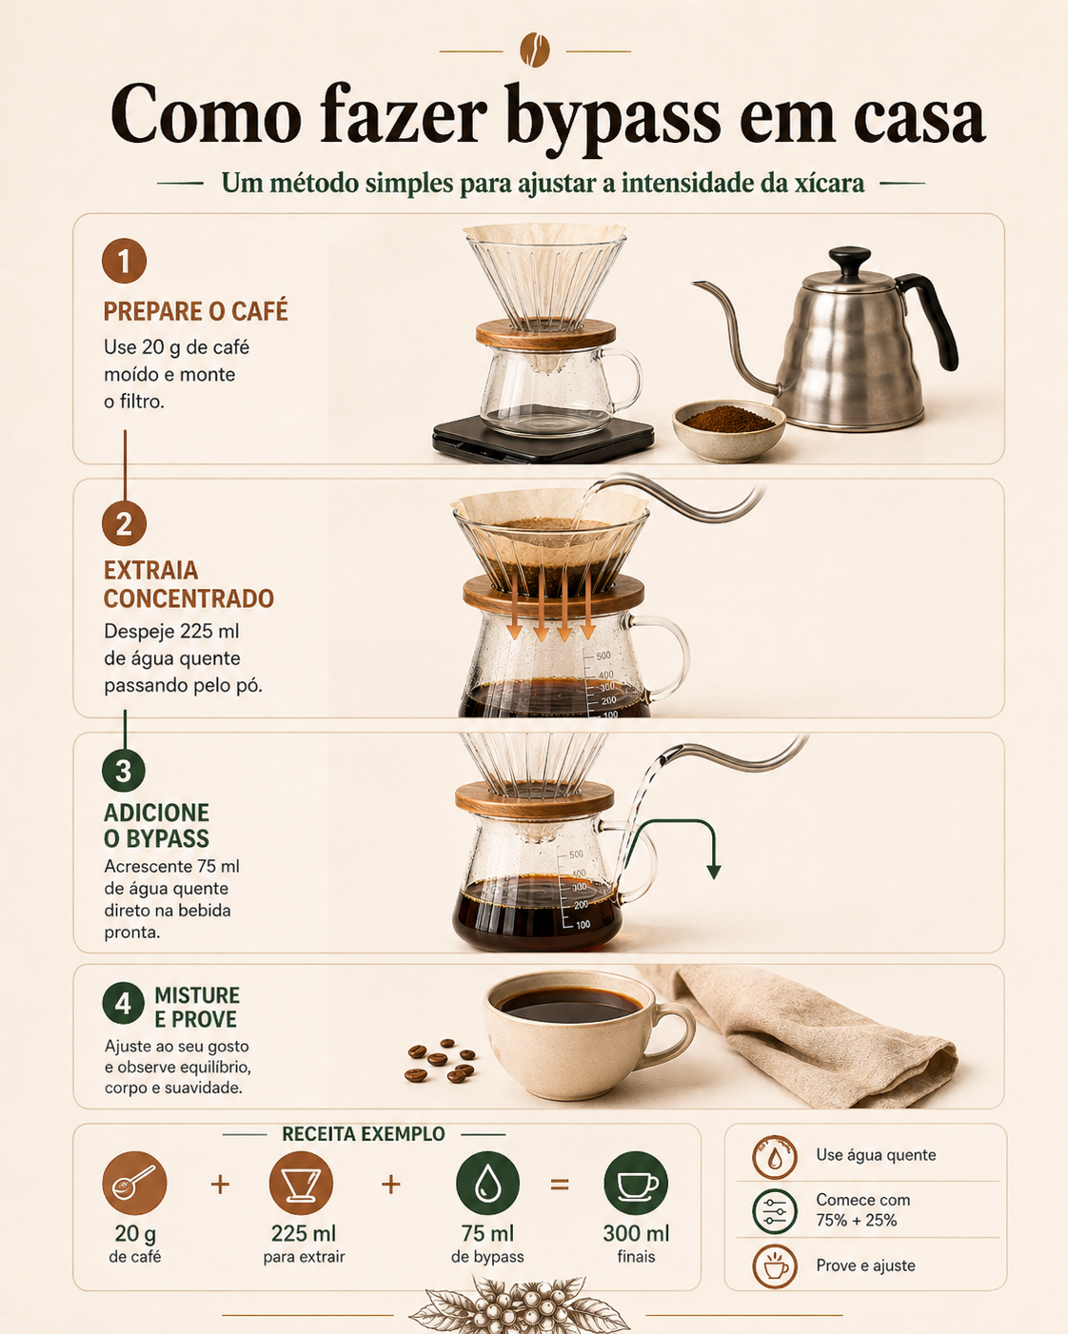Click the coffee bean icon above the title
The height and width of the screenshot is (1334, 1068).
(x=535, y=49)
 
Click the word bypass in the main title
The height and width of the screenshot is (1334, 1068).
(x=613, y=118)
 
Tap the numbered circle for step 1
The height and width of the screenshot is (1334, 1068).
(x=124, y=261)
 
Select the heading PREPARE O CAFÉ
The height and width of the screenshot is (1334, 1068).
(x=195, y=311)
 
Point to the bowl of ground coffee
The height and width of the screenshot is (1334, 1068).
(x=729, y=431)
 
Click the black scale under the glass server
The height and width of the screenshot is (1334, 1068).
(x=544, y=441)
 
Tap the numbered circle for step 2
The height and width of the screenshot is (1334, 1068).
(x=124, y=524)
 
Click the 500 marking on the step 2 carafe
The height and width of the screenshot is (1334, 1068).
(x=603, y=656)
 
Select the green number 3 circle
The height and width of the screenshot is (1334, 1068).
(x=124, y=770)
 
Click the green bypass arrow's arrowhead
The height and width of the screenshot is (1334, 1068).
(x=714, y=871)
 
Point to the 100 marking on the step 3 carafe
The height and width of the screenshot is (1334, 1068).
(x=583, y=925)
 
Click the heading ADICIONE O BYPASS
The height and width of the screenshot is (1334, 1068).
(x=156, y=825)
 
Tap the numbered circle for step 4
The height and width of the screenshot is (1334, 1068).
(x=124, y=1003)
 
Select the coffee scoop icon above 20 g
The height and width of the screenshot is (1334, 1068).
(x=134, y=1184)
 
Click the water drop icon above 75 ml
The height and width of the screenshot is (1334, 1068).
(x=487, y=1184)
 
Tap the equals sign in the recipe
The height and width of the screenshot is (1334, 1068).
(x=560, y=1185)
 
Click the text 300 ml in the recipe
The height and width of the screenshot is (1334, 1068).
(x=637, y=1233)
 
